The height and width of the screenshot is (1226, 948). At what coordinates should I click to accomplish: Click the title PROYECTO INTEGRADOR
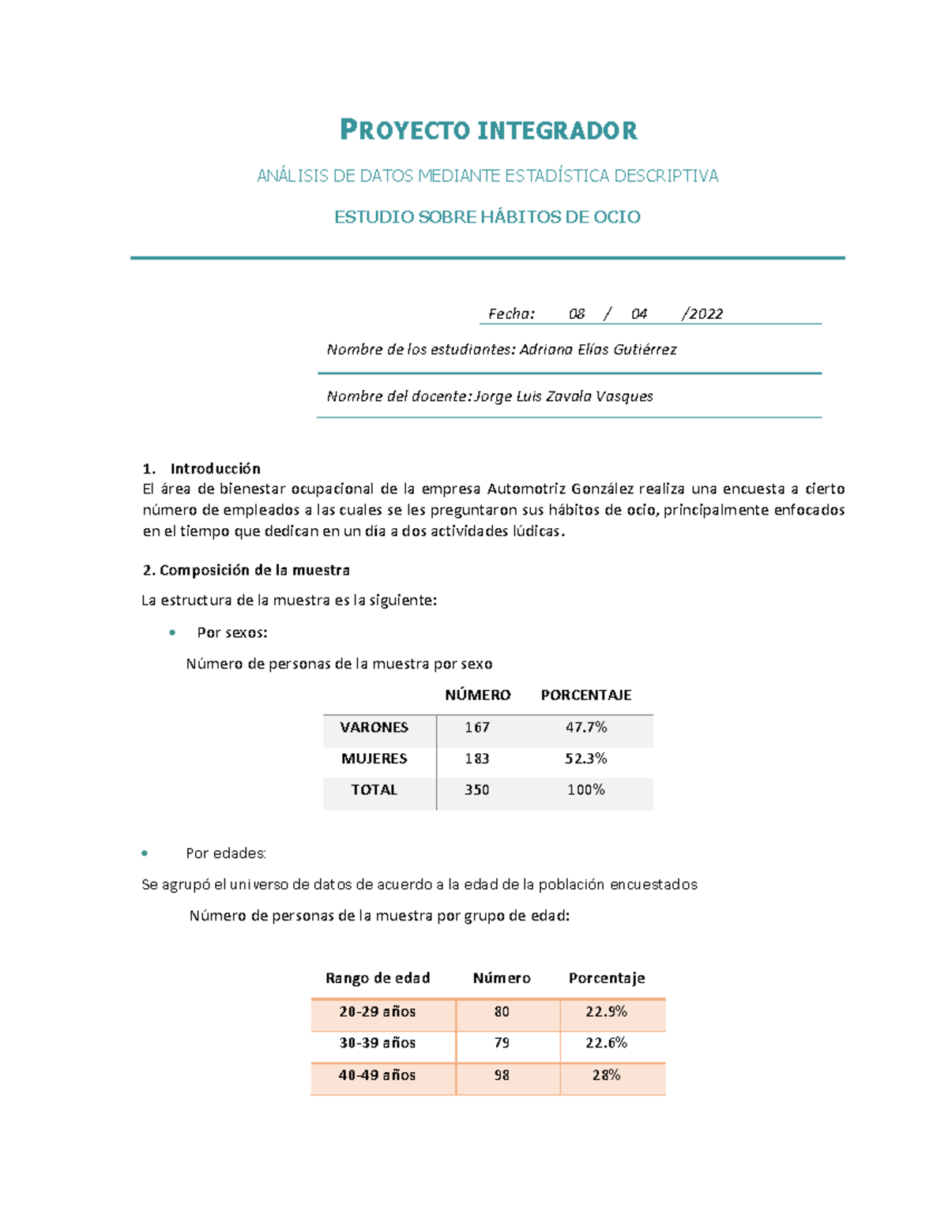click(x=488, y=130)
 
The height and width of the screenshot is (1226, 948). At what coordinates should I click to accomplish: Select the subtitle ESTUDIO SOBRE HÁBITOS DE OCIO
click(x=487, y=217)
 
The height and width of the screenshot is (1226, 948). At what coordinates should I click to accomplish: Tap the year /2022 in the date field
click(x=702, y=313)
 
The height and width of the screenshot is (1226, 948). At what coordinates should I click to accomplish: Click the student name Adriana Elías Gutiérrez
click(x=597, y=349)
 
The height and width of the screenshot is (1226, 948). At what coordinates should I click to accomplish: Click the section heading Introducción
click(x=215, y=468)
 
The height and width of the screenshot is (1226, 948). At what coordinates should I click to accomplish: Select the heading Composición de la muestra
click(x=254, y=570)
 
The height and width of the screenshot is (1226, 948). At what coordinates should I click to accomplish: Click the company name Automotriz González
click(x=560, y=489)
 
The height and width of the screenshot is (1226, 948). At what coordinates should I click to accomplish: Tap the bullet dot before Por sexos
click(x=172, y=632)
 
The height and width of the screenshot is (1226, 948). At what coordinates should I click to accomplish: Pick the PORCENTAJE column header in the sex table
click(x=585, y=695)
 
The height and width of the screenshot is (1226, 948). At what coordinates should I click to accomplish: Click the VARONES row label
click(x=374, y=727)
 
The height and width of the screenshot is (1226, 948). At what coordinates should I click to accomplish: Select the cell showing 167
click(x=477, y=727)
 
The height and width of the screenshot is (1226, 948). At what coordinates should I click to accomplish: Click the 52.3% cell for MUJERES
click(x=585, y=759)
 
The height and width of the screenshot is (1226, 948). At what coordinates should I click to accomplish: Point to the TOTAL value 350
click(x=476, y=789)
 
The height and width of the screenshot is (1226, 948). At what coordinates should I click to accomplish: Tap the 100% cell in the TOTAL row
click(x=585, y=789)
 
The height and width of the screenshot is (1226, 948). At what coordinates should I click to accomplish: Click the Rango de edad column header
click(x=378, y=978)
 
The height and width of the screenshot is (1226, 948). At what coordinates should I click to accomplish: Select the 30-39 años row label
click(x=377, y=1043)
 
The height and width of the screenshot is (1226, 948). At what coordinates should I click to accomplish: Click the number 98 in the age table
click(x=502, y=1075)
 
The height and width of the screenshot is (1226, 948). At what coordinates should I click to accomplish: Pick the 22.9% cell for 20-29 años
click(x=606, y=1011)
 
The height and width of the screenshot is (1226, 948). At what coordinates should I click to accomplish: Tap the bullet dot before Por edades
click(x=145, y=853)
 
